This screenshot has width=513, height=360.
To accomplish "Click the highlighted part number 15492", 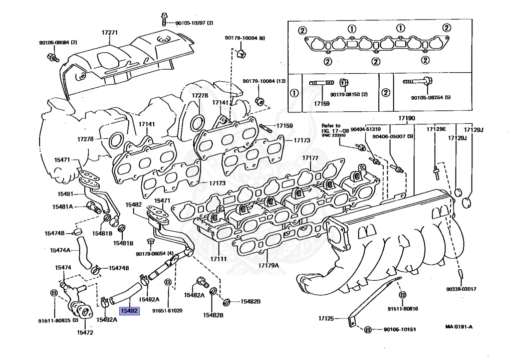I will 128,310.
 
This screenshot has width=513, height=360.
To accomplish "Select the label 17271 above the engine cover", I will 110,33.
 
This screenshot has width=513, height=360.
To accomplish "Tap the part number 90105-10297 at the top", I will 194,23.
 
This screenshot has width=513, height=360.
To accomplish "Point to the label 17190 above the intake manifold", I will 407,118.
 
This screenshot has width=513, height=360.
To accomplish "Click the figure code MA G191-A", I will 459,327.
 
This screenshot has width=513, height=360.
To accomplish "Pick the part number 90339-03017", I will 461,289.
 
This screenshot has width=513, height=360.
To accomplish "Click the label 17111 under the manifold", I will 218,259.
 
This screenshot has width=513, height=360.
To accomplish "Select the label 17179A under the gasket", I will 269,265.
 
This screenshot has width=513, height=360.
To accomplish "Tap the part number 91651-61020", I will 167,310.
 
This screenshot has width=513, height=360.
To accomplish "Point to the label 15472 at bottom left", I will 85,332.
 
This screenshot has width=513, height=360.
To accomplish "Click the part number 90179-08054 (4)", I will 154,254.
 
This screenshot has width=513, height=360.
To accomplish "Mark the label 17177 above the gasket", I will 310,158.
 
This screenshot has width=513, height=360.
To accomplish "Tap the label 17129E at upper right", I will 436,129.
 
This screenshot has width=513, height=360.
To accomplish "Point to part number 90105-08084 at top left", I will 58,42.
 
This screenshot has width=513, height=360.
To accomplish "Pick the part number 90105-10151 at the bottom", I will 401,329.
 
